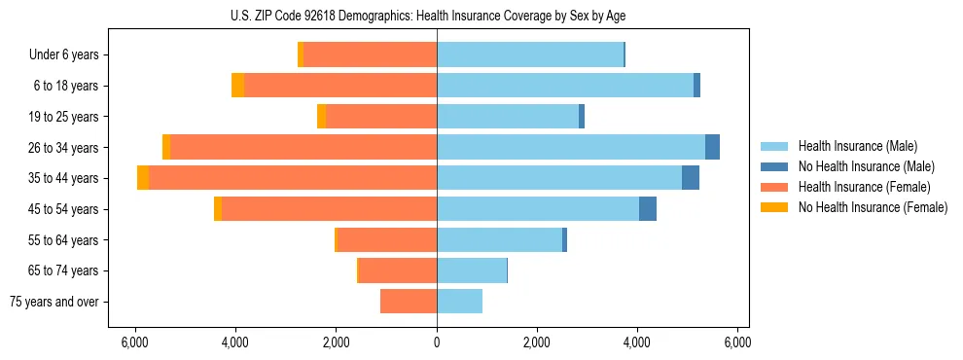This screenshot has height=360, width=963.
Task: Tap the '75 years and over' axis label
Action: (x=54, y=302)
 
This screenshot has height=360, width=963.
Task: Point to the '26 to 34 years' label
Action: (x=64, y=147)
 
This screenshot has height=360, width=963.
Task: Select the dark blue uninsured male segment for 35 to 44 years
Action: (x=691, y=178)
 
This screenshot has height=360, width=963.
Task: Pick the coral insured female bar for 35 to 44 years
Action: (x=292, y=178)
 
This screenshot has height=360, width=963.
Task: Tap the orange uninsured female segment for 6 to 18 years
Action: (x=237, y=86)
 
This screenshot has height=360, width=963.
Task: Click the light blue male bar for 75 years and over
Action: (x=459, y=302)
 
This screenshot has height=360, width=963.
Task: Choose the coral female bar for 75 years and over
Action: (x=409, y=302)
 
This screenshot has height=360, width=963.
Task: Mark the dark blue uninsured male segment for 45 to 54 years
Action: (x=648, y=209)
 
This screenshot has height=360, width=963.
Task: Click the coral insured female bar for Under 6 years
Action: (x=370, y=54)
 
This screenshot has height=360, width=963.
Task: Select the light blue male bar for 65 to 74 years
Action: (x=472, y=270)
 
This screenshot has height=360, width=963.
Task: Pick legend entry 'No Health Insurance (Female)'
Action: (x=873, y=207)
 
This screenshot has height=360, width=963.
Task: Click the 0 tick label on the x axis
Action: (x=437, y=342)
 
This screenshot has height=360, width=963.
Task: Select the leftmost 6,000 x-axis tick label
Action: (x=135, y=342)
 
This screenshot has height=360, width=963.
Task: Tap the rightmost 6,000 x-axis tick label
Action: (x=737, y=342)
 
